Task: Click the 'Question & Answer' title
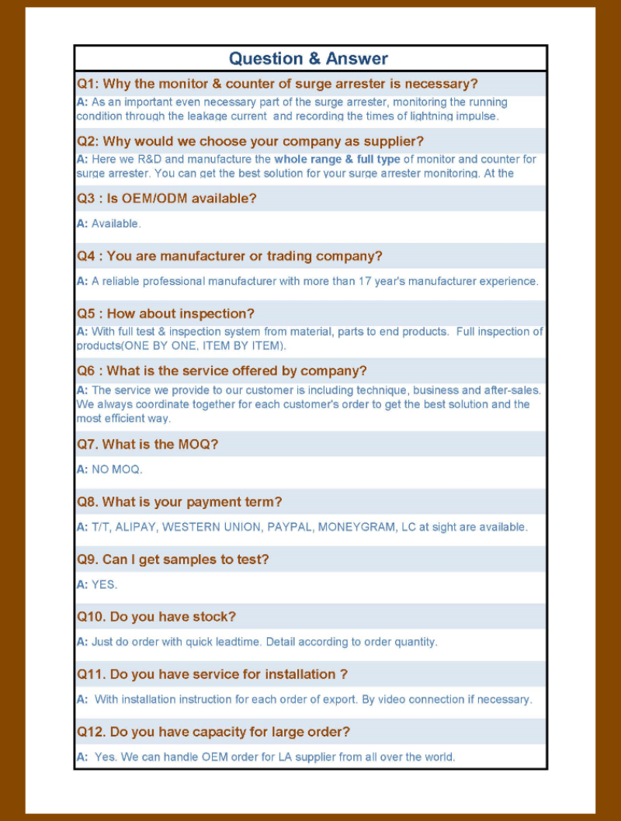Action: click(x=308, y=59)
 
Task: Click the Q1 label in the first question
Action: click(x=87, y=84)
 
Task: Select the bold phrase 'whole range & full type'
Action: click(x=338, y=160)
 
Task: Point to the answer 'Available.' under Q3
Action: click(x=116, y=224)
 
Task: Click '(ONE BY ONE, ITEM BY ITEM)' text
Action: click(x=200, y=345)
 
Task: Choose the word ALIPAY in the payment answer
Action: click(x=136, y=527)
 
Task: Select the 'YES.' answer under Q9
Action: click(x=104, y=584)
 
